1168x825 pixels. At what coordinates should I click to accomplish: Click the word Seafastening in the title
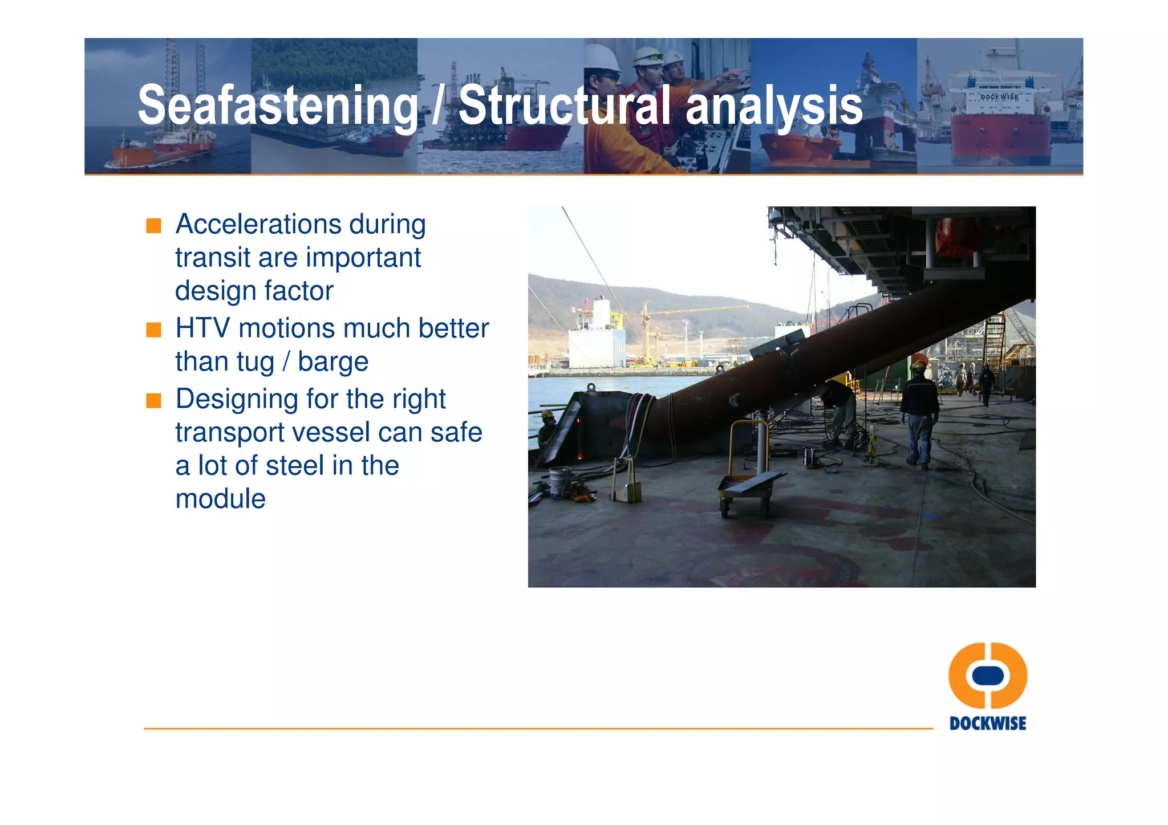278,105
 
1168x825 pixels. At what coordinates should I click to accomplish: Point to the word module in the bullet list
220,499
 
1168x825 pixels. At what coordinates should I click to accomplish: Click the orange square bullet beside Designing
153,400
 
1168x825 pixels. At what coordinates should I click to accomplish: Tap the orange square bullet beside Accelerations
153,226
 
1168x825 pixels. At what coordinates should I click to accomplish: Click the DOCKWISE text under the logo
988,724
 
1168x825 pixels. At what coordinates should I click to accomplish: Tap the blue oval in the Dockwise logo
988,675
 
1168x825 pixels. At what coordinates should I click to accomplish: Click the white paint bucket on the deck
560,482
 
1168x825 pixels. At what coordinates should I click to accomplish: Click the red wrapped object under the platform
955,237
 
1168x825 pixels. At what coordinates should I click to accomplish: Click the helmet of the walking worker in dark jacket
919,365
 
